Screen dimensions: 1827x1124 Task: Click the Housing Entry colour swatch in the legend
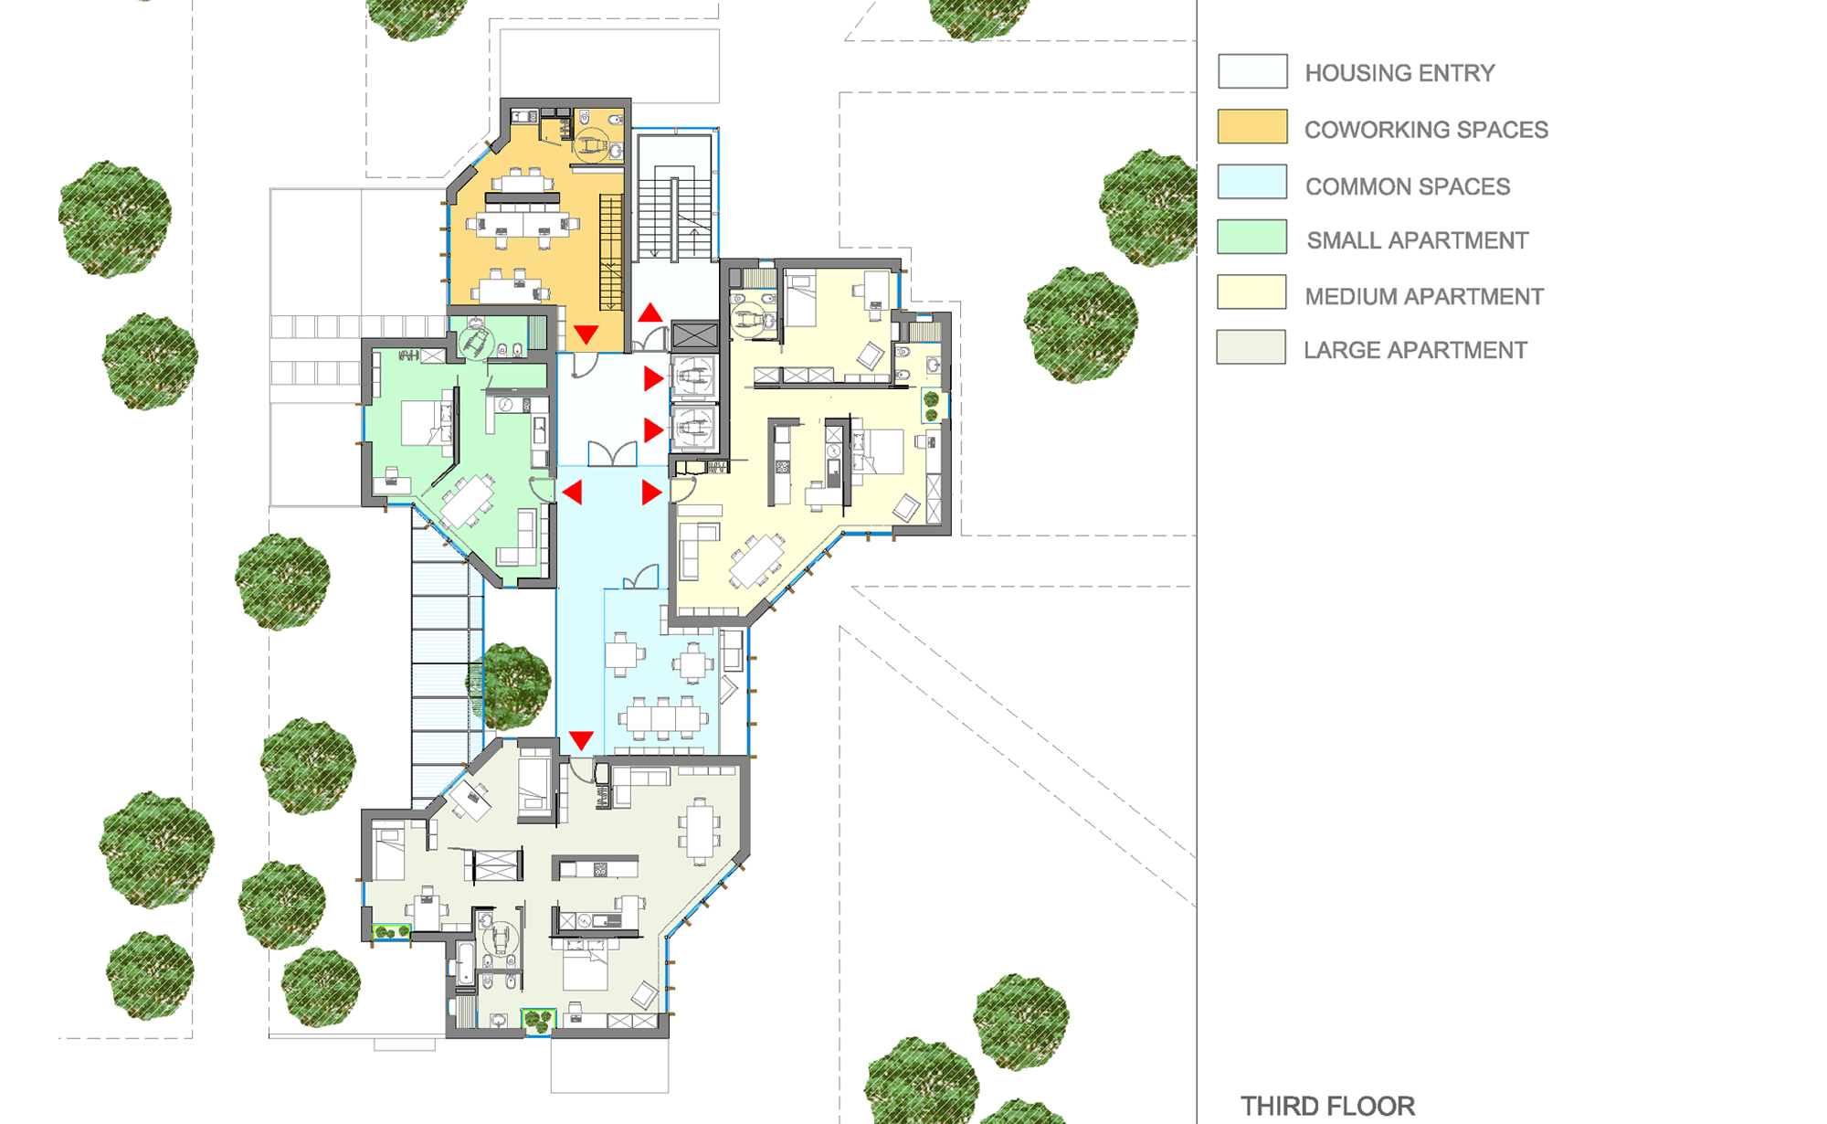[x=1252, y=71]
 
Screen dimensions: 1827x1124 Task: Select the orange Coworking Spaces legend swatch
[x=1252, y=126]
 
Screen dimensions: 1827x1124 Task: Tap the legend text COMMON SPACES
[x=1407, y=186]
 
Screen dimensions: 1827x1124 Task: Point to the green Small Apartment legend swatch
[x=1252, y=237]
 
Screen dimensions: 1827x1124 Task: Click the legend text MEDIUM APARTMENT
[x=1424, y=296]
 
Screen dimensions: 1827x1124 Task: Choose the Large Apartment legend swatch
[x=1251, y=347]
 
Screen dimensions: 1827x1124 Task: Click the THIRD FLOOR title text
[x=1327, y=1106]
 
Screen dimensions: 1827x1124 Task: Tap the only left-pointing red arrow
[x=573, y=493]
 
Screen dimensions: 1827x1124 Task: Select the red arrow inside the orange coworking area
[x=586, y=334]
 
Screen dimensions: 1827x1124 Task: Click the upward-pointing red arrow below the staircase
[x=650, y=313]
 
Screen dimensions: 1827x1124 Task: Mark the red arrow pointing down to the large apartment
[x=581, y=739]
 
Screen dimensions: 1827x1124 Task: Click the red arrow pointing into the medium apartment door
[x=651, y=493]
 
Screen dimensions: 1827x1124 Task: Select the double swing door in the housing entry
[x=612, y=454]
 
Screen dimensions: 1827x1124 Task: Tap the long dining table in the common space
[x=663, y=718]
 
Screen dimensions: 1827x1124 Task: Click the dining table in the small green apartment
[x=468, y=501]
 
